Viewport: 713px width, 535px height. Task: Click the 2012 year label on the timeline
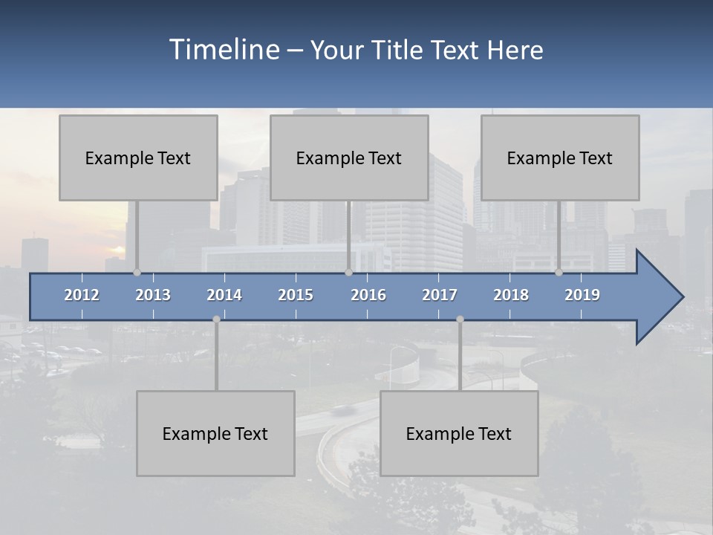82,295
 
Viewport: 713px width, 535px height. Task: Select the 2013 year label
153,295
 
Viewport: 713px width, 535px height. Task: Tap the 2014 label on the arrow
224,295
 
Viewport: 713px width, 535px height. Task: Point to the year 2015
296,295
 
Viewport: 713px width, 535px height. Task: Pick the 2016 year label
368,295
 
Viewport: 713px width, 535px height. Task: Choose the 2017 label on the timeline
440,295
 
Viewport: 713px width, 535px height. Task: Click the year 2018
511,295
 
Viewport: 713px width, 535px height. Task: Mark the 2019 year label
582,295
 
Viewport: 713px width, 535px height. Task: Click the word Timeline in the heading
224,50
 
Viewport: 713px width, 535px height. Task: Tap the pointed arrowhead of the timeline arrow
665,297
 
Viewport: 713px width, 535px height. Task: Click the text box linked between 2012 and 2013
138,158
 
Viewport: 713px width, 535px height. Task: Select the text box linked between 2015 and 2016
349,158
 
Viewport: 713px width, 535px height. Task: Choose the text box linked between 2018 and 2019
560,158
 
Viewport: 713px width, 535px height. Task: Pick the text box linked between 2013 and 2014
215,433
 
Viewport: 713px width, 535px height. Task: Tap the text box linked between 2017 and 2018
459,433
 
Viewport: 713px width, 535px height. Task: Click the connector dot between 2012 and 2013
137,273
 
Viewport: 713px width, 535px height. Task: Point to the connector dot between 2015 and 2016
348,273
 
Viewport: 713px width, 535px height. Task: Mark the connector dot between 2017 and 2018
460,319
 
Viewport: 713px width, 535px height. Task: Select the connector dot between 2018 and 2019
559,273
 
